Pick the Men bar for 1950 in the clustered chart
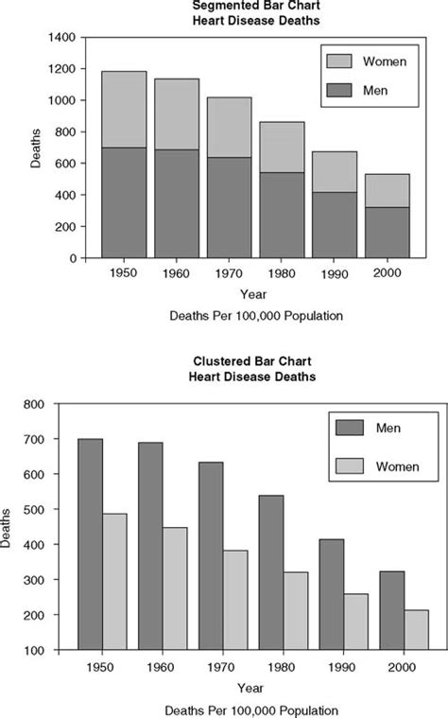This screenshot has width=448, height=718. coord(91,544)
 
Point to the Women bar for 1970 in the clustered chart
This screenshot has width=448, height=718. coord(235,600)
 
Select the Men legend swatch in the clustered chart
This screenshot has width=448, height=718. coord(349,428)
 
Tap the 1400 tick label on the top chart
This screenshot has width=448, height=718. coord(62,37)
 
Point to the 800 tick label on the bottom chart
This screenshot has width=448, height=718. coord(35,404)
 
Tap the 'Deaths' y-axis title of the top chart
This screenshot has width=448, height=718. coord(35,148)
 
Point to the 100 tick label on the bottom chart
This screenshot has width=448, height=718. coord(35,651)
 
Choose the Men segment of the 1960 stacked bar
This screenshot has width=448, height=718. coord(177,203)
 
